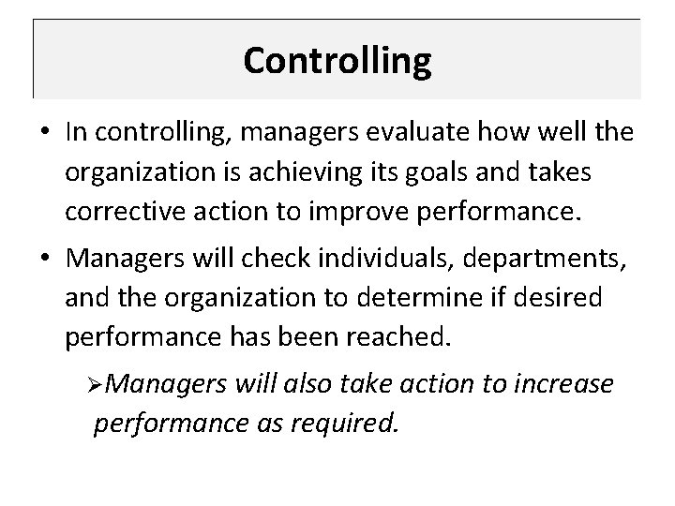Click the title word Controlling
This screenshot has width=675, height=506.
point(337,61)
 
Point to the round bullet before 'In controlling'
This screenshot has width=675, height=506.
point(47,133)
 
